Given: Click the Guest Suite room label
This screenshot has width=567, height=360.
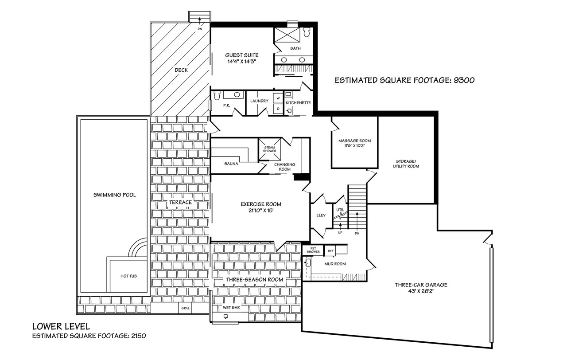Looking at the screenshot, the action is [242, 55].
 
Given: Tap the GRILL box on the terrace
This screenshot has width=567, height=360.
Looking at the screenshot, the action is [185, 308].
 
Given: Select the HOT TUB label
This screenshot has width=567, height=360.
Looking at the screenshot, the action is [128, 276].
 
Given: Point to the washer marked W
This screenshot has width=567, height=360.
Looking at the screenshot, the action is [278, 98].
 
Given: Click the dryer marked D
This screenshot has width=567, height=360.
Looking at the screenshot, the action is [278, 109].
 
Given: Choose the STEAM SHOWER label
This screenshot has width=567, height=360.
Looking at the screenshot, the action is [269, 149].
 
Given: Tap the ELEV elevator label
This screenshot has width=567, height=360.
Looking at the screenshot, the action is [321, 215].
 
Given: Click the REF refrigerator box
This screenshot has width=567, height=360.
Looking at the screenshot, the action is [330, 251].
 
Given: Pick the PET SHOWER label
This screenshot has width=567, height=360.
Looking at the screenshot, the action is [313, 250].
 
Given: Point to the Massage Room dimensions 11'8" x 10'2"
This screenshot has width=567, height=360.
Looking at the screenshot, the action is [355, 146].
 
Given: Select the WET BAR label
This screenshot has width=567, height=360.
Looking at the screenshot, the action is [231, 308].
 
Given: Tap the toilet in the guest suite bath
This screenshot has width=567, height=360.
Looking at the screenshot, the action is [307, 32].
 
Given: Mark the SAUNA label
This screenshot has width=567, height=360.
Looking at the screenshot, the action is [231, 164].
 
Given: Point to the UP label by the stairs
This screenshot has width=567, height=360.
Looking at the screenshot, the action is [340, 233].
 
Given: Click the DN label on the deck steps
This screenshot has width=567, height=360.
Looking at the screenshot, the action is [200, 29].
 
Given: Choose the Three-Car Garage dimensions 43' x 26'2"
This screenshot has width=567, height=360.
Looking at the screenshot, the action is [421, 291].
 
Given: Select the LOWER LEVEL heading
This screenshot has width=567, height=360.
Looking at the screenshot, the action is [61, 326].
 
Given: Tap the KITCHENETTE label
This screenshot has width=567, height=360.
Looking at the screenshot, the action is [298, 103].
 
